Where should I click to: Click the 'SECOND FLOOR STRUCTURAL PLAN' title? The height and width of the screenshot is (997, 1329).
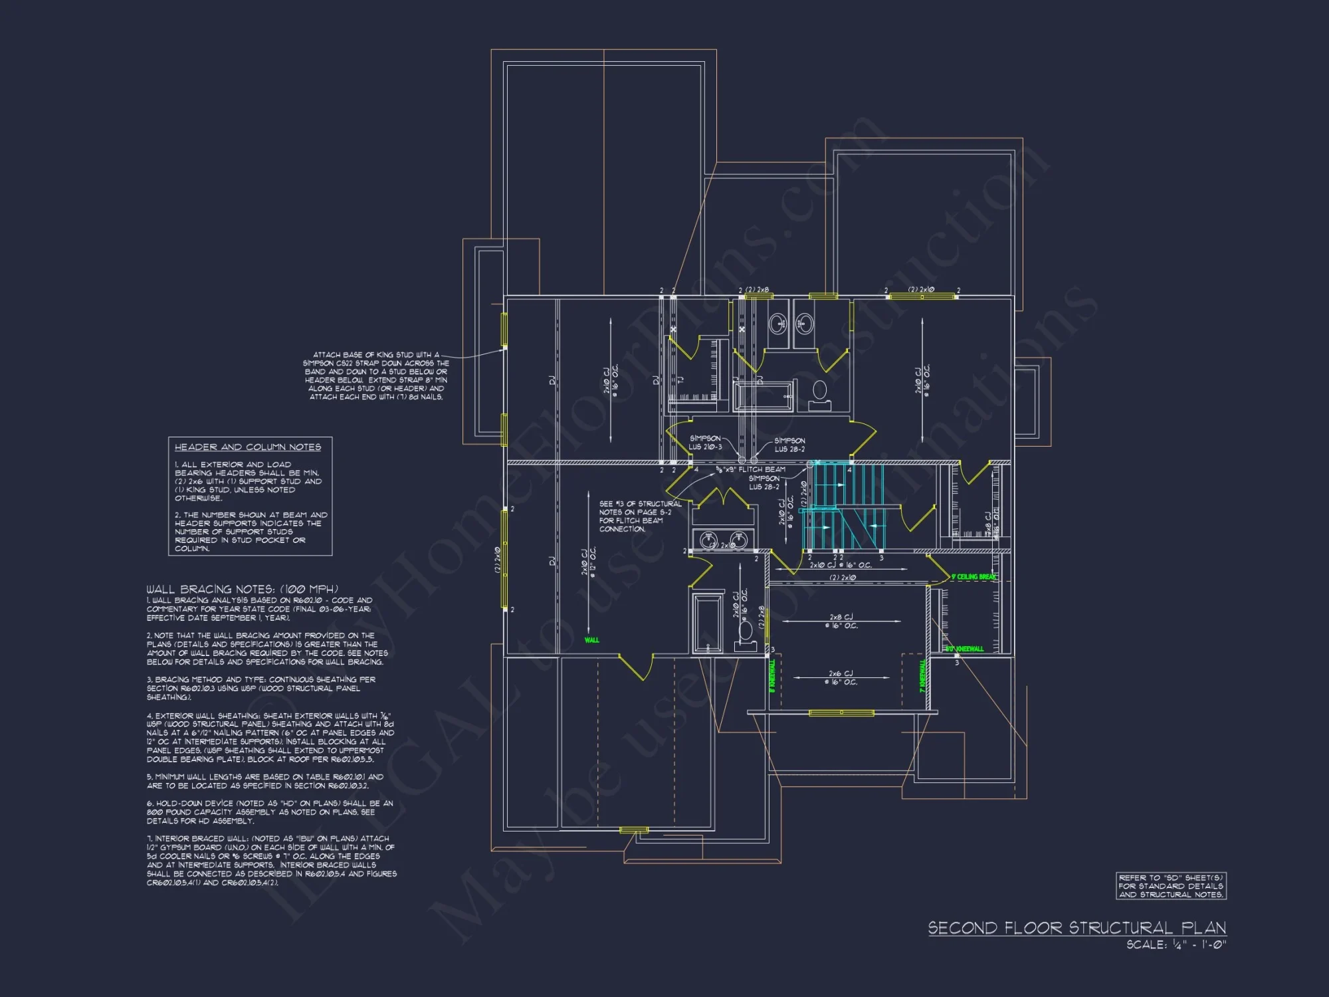(1076, 928)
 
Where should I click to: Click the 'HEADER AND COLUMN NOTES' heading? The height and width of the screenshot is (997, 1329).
(247, 447)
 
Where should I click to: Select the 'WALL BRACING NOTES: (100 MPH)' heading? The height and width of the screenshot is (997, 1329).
(242, 589)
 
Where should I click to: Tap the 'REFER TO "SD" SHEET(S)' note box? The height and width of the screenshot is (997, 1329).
(1171, 886)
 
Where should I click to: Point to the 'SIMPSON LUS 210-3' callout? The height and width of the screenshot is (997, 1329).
(705, 443)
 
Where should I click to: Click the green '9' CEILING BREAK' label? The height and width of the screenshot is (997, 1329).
(973, 577)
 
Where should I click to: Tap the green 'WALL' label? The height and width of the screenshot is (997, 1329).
(591, 640)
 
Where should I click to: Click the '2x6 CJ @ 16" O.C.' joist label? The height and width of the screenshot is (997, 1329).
(841, 677)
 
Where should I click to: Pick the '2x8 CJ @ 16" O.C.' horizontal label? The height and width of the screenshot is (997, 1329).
(841, 621)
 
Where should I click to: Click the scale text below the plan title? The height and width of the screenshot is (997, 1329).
(1176, 944)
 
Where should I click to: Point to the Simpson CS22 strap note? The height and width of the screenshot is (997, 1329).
(376, 376)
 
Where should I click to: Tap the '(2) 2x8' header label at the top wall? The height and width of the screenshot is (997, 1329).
(757, 290)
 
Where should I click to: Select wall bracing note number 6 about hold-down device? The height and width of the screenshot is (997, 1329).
(269, 812)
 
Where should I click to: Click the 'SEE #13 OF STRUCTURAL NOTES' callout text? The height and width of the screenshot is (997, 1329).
(639, 516)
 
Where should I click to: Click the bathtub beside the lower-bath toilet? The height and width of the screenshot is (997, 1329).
(707, 621)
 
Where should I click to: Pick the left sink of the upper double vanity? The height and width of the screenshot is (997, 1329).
(777, 324)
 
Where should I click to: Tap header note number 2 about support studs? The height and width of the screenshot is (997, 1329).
(251, 532)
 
